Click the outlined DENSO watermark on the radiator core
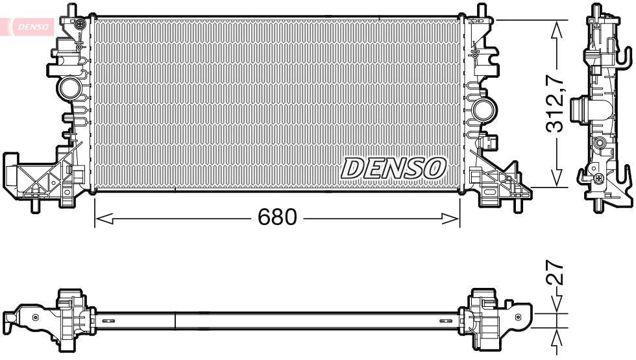point(393,168)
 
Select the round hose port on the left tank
point(68,87)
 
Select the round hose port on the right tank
point(482,109)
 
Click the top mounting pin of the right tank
point(482,10)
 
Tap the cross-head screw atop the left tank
point(79,25)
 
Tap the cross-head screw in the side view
point(598,178)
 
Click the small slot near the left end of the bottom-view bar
point(109,320)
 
